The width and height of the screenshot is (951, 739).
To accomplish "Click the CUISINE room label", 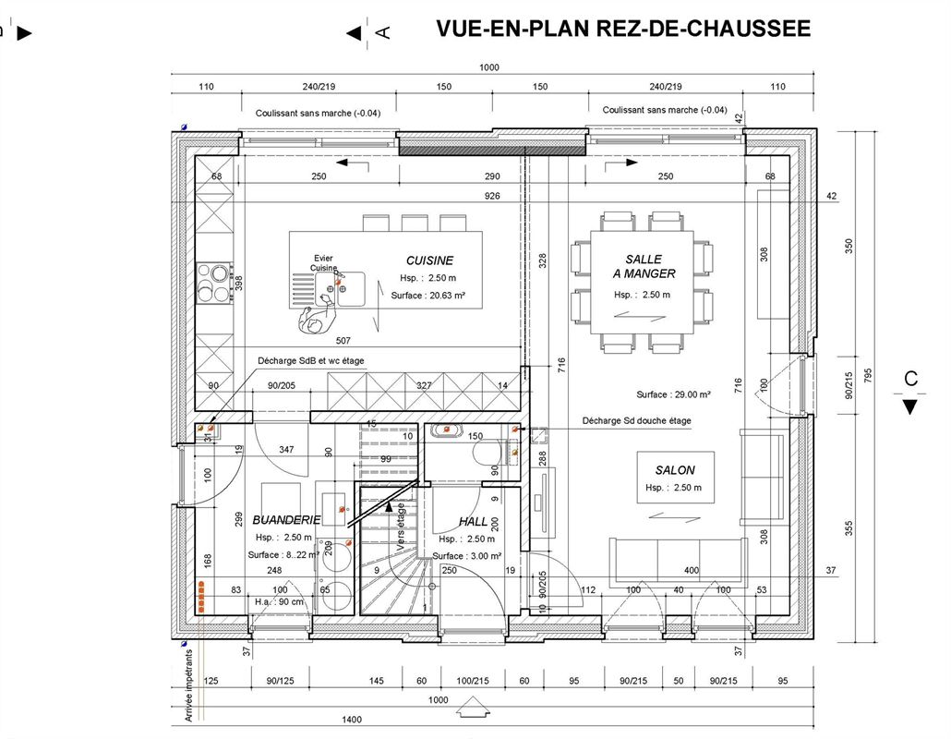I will click(x=429, y=260).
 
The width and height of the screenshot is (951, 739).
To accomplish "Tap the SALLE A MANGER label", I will click(x=644, y=266).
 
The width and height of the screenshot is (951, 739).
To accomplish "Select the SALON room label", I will click(x=675, y=470).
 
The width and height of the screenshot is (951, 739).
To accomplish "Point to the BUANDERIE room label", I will click(x=286, y=520).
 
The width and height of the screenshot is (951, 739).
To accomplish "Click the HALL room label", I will click(x=473, y=522).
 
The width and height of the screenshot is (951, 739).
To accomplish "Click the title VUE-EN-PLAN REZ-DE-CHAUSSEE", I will click(x=623, y=29).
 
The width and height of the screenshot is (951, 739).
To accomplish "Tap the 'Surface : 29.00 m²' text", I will click(x=673, y=394).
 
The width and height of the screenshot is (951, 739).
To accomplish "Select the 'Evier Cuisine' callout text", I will click(x=323, y=263).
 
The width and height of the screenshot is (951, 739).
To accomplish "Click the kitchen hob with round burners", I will click(x=215, y=284).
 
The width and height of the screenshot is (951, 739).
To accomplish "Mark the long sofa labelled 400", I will click(x=679, y=558).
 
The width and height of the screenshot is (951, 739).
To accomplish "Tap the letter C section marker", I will click(x=910, y=378).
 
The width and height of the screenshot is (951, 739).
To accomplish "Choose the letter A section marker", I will click(x=383, y=32).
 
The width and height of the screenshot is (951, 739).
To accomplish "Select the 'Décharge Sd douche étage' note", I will click(x=636, y=421).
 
